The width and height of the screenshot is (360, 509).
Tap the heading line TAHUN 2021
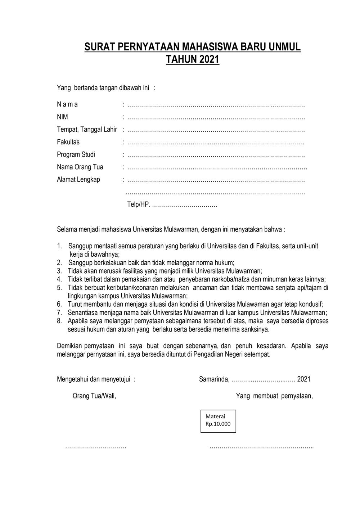192,59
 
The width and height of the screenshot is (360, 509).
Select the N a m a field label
67,105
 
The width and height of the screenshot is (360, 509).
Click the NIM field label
62,117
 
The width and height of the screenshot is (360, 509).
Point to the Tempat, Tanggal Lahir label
87,130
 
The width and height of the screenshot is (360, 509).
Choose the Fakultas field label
68,142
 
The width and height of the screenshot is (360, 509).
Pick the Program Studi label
76,154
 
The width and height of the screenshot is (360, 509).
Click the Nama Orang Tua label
80,167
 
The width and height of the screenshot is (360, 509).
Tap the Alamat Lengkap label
78,179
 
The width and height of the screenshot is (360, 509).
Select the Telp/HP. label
139,204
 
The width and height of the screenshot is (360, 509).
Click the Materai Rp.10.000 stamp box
218,420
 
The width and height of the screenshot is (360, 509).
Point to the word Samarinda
213,379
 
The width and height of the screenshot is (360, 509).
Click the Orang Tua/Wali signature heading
94,396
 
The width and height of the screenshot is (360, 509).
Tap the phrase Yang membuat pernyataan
274,396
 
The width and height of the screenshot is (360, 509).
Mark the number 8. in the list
59,321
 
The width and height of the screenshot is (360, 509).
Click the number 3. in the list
59,271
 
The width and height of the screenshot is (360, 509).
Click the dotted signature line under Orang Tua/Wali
95,447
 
